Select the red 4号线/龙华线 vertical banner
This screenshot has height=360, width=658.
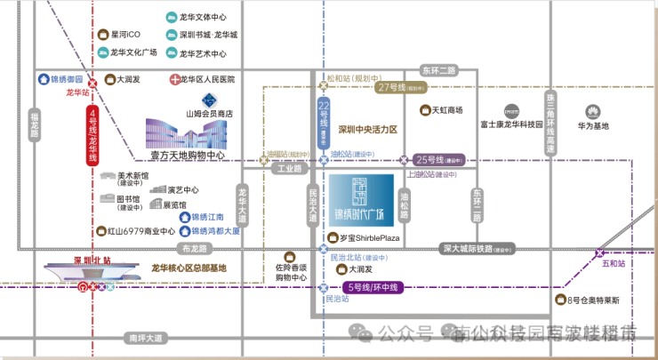pyautogui.click(x=92, y=135)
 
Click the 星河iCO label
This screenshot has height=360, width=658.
pyautogui.click(x=125, y=35)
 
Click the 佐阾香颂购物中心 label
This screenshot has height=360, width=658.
pyautogui.click(x=291, y=271)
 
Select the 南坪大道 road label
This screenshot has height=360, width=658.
pyautogui.click(x=146, y=338)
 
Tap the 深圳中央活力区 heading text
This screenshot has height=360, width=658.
pyautogui.click(x=367, y=129)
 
